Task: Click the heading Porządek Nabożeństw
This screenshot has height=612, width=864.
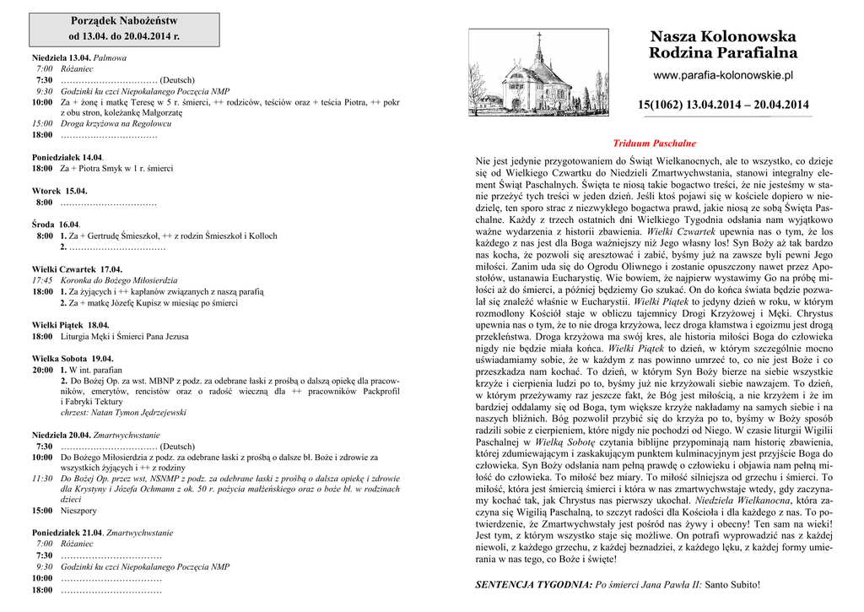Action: pos(124,19)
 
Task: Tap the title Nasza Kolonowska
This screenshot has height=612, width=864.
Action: pos(722,37)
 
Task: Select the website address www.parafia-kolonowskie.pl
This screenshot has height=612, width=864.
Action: pos(723,76)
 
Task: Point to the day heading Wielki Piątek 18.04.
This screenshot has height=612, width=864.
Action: pos(71,325)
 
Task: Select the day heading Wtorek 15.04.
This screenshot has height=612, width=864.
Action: pos(60,191)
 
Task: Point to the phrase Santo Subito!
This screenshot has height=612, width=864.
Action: pos(732,584)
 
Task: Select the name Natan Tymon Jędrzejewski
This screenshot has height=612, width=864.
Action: pos(144,413)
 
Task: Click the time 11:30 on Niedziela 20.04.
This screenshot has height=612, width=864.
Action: pos(42,478)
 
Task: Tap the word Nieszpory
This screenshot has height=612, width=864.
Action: pos(78,511)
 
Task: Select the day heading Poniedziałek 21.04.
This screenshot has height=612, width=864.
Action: pos(67,533)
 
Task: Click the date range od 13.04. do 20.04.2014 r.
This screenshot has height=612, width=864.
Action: pos(124,36)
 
